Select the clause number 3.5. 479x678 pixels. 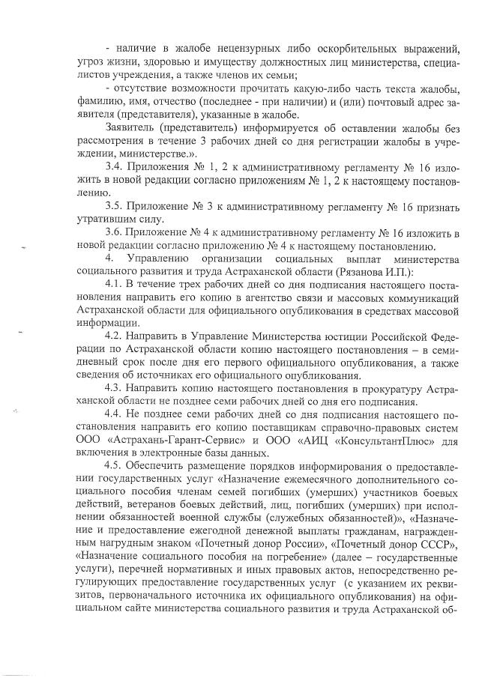click(115, 205)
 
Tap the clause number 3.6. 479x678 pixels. click(115, 233)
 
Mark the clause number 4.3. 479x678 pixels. click(115, 390)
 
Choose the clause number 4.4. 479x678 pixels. click(115, 417)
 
